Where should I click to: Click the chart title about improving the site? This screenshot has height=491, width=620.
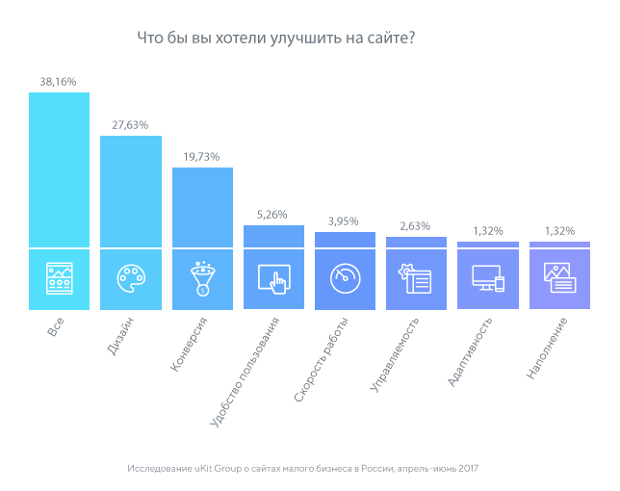(x=277, y=39)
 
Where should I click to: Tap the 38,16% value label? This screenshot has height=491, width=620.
(x=59, y=81)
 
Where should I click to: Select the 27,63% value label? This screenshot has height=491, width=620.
(x=131, y=125)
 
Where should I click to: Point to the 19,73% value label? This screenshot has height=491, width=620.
(x=202, y=157)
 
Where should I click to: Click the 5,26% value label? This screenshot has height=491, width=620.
(x=273, y=214)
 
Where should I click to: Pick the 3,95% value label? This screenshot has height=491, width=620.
(x=345, y=221)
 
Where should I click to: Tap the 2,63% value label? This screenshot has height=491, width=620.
(x=416, y=226)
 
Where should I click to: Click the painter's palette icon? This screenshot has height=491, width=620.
(x=131, y=279)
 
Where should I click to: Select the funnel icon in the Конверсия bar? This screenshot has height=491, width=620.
(x=202, y=278)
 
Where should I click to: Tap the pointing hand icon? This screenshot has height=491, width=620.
(x=273, y=279)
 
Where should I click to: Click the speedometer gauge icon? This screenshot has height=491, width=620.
(x=345, y=279)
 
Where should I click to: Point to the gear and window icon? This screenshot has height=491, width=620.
(x=416, y=279)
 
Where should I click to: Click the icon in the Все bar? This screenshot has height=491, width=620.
(x=60, y=279)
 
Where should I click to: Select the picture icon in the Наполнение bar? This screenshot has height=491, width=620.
(x=559, y=278)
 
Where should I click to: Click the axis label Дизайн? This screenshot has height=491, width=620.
(x=117, y=336)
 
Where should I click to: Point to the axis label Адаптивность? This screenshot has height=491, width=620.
(x=470, y=350)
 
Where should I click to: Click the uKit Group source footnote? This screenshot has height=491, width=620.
(x=302, y=469)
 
